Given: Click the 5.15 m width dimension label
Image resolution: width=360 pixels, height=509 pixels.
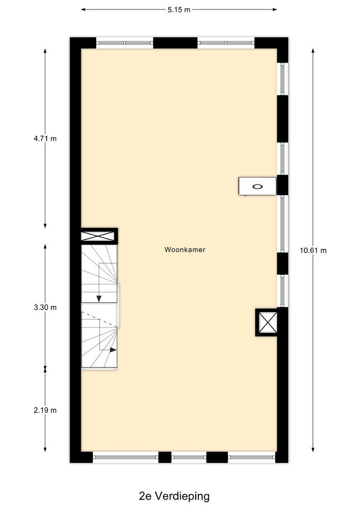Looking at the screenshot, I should [x=179, y=9].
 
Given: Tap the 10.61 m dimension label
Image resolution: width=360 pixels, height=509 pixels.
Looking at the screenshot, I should [x=313, y=250].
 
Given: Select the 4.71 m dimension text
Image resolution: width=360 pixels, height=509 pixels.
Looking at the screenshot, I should [x=45, y=139].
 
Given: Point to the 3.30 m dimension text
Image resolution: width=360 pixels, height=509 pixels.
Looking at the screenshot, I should [x=45, y=307].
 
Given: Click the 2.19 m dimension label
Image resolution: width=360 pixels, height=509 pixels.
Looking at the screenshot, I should [x=45, y=410].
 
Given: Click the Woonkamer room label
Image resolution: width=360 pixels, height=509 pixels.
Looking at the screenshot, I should [x=185, y=250].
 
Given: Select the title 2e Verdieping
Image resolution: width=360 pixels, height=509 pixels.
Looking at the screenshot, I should [x=174, y=496].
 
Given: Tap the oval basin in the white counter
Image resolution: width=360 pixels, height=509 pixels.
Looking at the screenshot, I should [x=257, y=186].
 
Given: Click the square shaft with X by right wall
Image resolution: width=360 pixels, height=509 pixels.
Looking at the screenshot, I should [x=267, y=322].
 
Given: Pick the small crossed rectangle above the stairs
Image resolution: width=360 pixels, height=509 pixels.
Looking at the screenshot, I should [x=98, y=236].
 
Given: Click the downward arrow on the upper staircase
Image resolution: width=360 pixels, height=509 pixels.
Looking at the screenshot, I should [x=99, y=298].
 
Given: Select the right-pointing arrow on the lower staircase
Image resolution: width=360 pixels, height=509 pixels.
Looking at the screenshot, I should [x=114, y=350].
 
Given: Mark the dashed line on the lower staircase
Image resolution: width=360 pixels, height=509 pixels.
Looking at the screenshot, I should [x=99, y=319].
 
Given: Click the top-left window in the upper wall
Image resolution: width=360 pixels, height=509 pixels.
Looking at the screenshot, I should [x=125, y=43].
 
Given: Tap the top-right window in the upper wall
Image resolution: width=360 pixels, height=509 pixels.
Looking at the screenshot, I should [x=226, y=43].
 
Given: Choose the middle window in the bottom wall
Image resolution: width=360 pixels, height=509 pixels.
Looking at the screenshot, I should [x=188, y=457].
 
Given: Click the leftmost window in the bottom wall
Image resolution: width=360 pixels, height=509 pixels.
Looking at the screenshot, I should [x=125, y=457].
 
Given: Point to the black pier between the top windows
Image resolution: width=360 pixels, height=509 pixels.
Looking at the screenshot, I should [x=175, y=43].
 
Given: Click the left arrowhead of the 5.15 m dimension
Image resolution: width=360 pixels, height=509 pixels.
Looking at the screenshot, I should [x=83, y=9].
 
